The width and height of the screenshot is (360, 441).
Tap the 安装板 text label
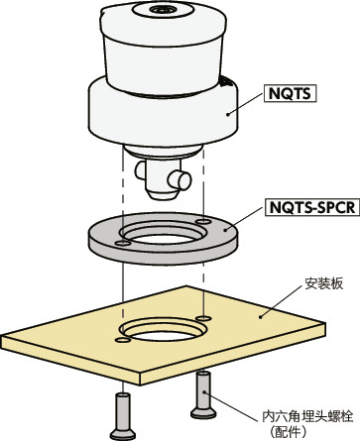[321, 284]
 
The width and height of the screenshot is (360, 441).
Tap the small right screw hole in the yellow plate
[203, 316]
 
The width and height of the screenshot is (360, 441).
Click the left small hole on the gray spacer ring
[122, 239]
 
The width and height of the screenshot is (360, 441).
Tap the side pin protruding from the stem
[180, 179]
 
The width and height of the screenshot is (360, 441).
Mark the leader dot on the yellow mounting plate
[260, 316]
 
